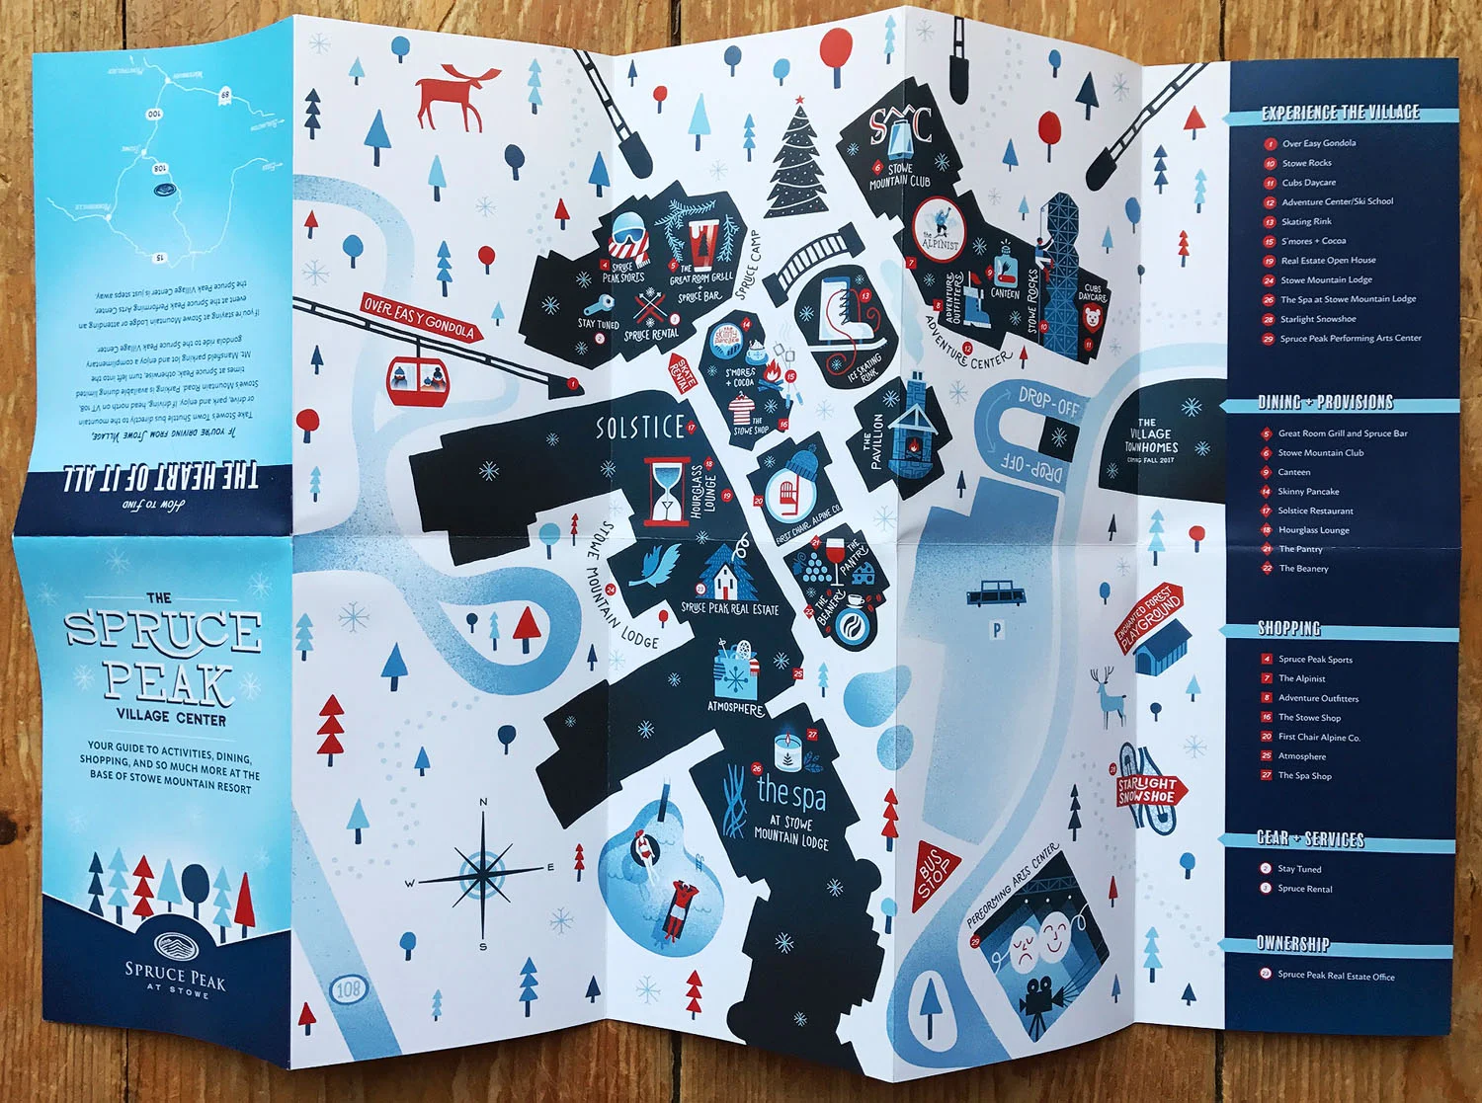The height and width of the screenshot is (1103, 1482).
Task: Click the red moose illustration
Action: [451, 97]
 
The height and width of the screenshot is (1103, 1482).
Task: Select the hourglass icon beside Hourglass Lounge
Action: [667, 490]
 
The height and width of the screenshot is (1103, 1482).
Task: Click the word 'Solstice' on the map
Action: [640, 427]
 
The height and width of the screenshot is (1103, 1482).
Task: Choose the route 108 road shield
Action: [348, 988]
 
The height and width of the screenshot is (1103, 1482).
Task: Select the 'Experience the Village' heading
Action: [1340, 114]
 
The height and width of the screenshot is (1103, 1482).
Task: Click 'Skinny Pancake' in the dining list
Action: [1308, 492]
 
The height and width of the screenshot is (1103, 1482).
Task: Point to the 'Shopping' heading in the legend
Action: [1288, 629]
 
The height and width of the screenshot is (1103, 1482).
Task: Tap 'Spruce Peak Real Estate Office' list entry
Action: [1336, 976]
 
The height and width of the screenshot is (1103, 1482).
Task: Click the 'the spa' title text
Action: [790, 792]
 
